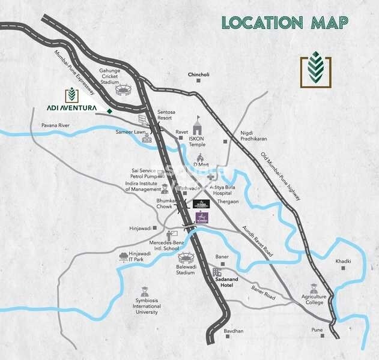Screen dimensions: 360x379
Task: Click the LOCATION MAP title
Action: (285, 23)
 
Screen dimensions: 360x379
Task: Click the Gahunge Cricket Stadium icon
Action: (123, 90)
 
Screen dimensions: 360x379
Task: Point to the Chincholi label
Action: (198, 74)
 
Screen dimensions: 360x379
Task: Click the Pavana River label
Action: (56, 125)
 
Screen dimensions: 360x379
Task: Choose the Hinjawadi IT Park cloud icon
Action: (123, 256)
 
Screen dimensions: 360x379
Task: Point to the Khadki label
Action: (343, 261)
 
